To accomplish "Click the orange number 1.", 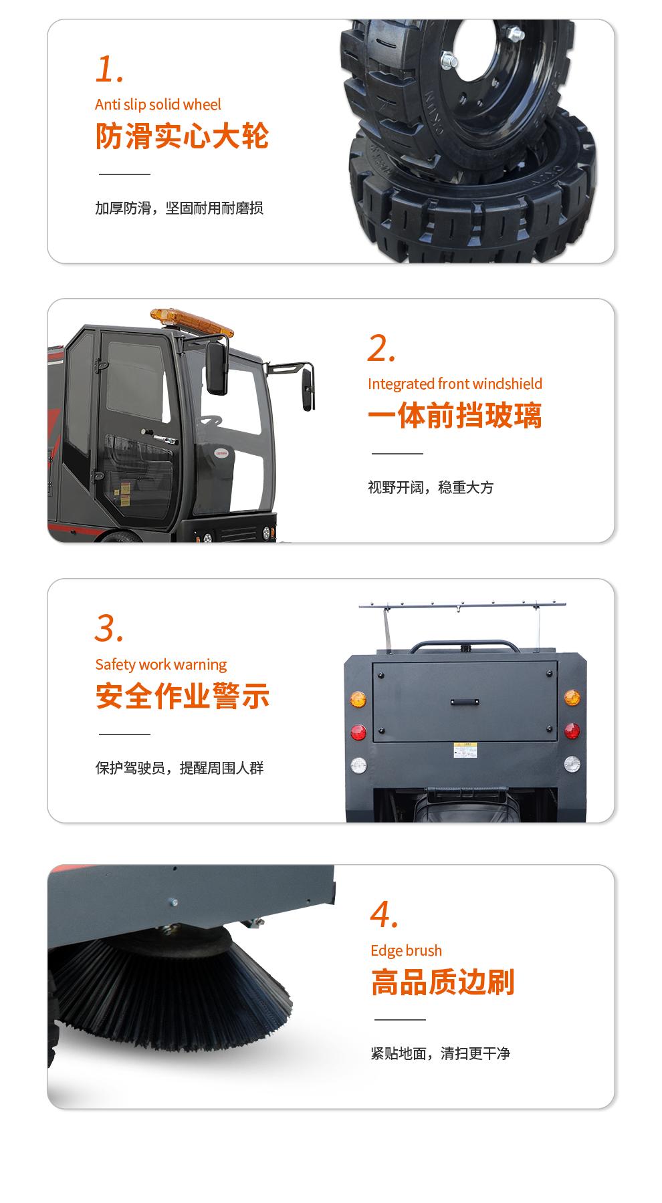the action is tap(110, 70).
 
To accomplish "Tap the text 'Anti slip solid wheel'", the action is tap(158, 104).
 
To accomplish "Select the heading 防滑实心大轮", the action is tap(182, 136).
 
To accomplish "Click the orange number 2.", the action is tap(382, 349).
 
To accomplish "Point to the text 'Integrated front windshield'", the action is tap(455, 384).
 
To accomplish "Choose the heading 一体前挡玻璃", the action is tap(455, 415).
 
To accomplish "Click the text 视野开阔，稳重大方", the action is tap(431, 487).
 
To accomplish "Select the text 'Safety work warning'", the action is tap(160, 664).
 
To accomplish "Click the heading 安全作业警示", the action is tap(182, 696).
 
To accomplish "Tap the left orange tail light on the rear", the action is tap(358, 700).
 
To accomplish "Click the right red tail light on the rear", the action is tap(572, 731).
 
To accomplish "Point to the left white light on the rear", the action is tap(358, 764).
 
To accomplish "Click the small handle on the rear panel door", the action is tap(464, 702).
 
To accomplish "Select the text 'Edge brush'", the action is tap(406, 950).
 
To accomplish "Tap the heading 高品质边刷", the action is tap(443, 982).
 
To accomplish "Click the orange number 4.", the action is tap(384, 916).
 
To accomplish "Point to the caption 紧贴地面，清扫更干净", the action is tap(440, 1053).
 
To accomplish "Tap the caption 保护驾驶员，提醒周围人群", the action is tap(179, 768).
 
